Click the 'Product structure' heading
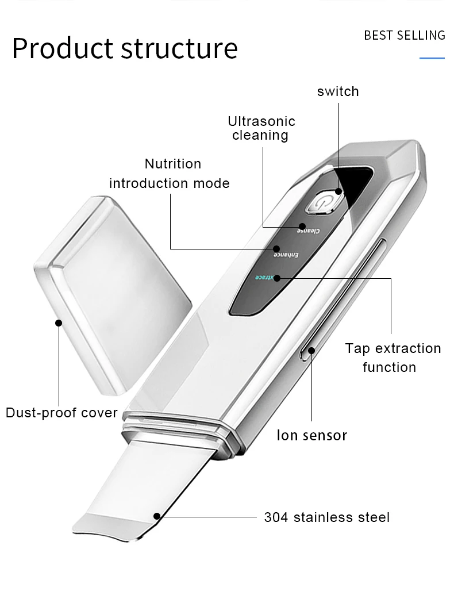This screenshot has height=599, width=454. (x=125, y=48)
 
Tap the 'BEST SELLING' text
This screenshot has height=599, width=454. (x=405, y=36)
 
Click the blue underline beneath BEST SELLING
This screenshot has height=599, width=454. (x=432, y=58)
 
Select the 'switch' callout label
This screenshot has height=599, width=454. (x=338, y=91)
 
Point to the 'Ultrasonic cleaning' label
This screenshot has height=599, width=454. (x=261, y=128)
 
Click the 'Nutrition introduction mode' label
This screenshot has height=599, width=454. (x=170, y=174)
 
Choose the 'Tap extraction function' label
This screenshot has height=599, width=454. (x=393, y=358)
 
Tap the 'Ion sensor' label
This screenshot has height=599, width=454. (x=312, y=435)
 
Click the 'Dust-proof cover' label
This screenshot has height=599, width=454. (x=61, y=413)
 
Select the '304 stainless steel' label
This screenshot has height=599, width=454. (x=326, y=517)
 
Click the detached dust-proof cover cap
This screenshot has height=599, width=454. (x=112, y=293)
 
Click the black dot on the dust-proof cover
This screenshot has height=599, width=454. (x=58, y=323)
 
